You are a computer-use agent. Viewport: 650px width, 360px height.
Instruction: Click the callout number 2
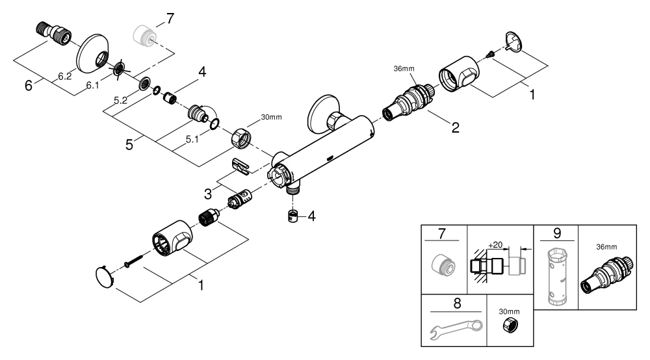click(x=456, y=127)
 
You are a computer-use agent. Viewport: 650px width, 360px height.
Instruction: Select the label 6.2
click(x=64, y=77)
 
